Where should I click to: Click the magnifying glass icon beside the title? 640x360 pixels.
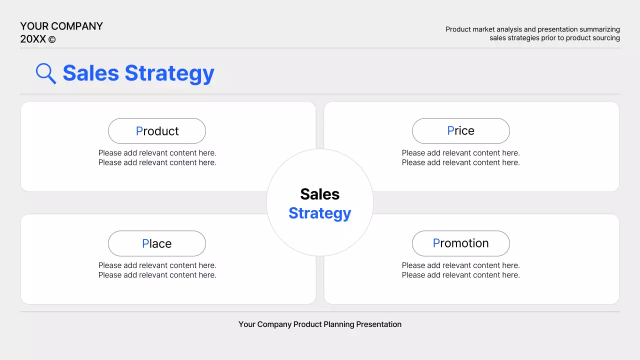point(45,73)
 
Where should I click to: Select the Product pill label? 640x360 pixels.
point(157,131)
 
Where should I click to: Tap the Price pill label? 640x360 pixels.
point(460,131)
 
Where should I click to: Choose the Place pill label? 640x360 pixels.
point(157,243)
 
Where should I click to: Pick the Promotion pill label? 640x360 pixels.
point(460,243)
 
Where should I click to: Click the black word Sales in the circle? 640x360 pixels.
point(320,194)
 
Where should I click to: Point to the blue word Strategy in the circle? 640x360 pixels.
point(320,213)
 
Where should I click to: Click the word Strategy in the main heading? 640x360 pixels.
point(169,73)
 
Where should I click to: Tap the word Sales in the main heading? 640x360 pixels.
point(90,73)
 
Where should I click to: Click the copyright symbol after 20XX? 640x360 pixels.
point(52,39)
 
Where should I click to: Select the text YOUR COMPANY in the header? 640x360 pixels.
point(61,26)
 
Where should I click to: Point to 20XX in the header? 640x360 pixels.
point(33,39)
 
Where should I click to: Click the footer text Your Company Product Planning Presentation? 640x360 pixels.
point(320,324)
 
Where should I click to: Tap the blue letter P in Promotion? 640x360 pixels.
point(436,243)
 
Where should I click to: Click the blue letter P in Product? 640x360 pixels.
point(139,131)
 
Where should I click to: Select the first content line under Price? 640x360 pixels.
point(460,153)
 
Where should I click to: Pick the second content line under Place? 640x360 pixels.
point(157,275)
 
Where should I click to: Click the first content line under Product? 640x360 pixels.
point(157,153)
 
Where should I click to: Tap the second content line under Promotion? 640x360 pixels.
point(460,275)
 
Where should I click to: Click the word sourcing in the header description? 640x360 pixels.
point(605,38)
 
